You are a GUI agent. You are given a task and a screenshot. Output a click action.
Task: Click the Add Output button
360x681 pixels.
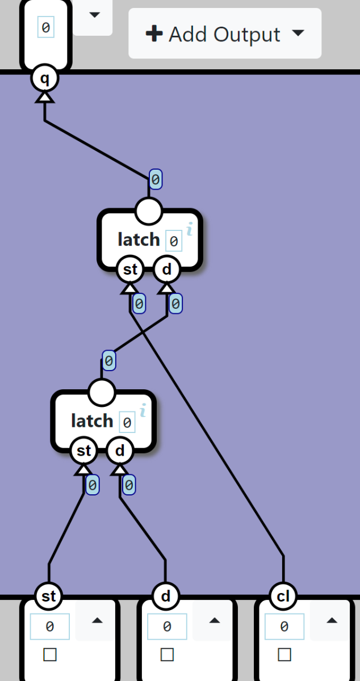pos(225,34)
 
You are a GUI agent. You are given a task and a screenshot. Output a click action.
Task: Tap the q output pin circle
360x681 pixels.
pos(45,79)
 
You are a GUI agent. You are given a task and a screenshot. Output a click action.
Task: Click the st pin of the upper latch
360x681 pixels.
pos(130,270)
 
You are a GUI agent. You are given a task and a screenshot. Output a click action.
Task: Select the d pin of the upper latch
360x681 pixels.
pos(166,270)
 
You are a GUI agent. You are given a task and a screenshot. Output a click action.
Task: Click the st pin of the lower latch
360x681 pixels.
pos(83,451)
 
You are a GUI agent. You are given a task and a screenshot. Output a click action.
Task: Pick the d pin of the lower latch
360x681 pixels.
pos(120,451)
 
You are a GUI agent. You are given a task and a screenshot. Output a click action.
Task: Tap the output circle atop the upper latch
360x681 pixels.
pos(149,211)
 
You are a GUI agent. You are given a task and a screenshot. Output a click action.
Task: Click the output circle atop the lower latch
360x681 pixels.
pos(102,392)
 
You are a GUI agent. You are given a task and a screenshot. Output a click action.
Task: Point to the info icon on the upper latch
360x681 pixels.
pos(190,229)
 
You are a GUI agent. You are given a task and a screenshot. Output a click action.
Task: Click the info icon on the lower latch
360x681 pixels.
pos(143,410)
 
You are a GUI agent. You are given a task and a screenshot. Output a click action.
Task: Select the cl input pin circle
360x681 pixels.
pos(283,596)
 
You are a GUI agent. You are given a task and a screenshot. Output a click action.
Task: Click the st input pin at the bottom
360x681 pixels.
pos(49,596)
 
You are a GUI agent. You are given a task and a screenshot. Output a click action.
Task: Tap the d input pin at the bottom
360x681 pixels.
pos(166,596)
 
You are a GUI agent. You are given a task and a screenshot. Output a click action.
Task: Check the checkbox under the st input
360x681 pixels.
pos(50,655)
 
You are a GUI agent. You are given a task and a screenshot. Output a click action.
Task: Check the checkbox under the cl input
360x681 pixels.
pos(284,655)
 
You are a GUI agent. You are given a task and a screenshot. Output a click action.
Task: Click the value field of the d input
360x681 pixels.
pos(167,627)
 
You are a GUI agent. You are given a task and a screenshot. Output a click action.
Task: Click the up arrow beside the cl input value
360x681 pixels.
pos(332,621)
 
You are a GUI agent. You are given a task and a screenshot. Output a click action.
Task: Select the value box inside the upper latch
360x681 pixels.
pos(174,241)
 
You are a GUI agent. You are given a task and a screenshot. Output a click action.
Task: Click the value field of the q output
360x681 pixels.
pos(45,27)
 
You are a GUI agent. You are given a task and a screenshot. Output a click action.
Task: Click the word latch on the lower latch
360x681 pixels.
pos(92,421)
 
